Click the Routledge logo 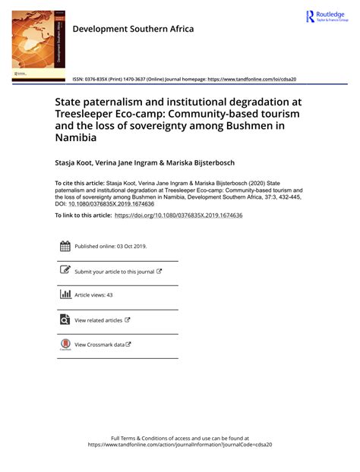pos(326,17)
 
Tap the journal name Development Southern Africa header pos(133,29)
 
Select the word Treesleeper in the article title pos(89,117)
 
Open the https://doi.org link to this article pos(178,216)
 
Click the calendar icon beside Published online pos(65,246)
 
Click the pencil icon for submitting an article pos(65,270)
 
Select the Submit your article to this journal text pos(114,271)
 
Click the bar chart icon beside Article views pos(65,294)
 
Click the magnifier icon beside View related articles pos(65,319)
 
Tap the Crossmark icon pos(65,345)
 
